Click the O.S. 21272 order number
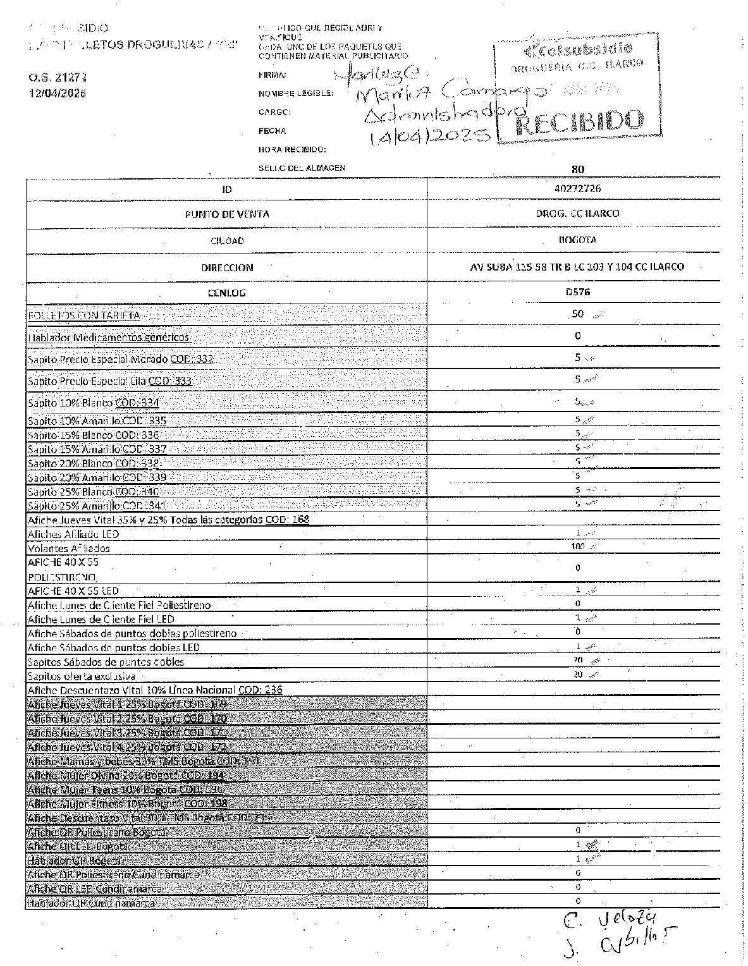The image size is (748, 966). click(57, 77)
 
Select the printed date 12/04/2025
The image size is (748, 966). click(57, 93)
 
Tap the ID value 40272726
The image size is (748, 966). click(577, 188)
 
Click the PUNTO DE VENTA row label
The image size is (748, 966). click(226, 214)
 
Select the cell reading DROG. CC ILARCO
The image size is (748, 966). click(577, 214)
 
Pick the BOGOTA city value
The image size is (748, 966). click(577, 240)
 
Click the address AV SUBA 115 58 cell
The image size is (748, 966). click(577, 267)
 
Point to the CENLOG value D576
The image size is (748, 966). click(577, 293)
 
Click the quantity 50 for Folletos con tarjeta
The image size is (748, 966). click(577, 314)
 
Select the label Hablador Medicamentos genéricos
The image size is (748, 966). click(109, 337)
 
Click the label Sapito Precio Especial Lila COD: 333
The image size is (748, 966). click(109, 381)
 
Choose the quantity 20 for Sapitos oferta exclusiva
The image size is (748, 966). click(577, 675)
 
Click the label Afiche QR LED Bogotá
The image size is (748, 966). click(78, 846)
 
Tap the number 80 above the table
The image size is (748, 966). click(577, 169)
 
